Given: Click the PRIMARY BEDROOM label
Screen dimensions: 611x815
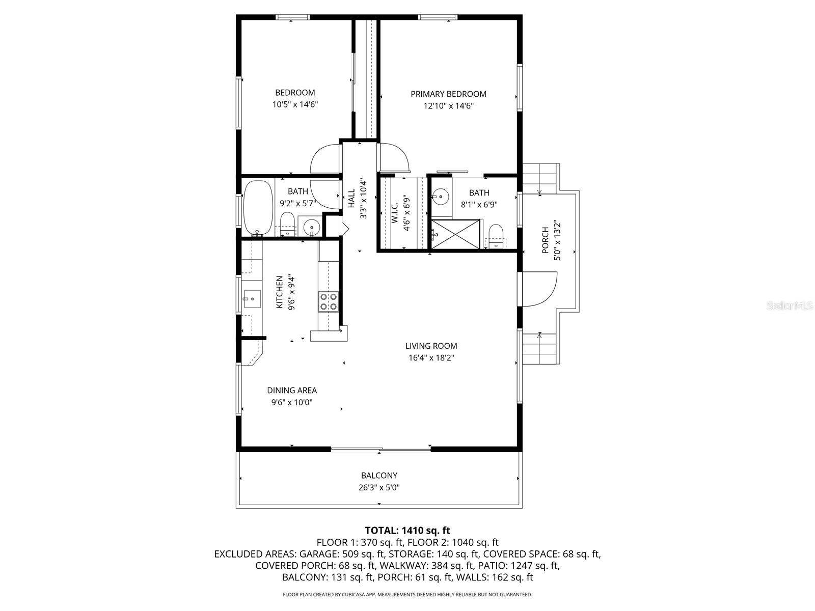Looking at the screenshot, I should pyautogui.click(x=448, y=94).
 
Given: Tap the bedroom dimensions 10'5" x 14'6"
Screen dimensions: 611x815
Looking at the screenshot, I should pyautogui.click(x=295, y=105).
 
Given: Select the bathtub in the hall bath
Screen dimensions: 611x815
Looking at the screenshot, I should pyautogui.click(x=258, y=208).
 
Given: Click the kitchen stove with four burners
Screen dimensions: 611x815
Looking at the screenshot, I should pyautogui.click(x=328, y=301).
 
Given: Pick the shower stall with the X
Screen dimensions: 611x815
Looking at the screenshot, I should pyautogui.click(x=456, y=234).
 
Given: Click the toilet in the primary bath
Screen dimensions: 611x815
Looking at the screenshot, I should pyautogui.click(x=496, y=235).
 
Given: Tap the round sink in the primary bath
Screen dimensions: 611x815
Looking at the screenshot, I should pyautogui.click(x=440, y=195).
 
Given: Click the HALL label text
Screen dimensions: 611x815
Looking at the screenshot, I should pyautogui.click(x=351, y=199).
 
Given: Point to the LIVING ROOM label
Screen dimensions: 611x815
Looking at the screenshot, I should pyautogui.click(x=431, y=346).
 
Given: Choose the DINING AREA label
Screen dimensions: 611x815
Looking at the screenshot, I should pyautogui.click(x=292, y=391).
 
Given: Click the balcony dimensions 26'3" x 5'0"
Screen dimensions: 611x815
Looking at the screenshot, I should pyautogui.click(x=379, y=487).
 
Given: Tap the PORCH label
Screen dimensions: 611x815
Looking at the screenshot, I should pyautogui.click(x=545, y=240).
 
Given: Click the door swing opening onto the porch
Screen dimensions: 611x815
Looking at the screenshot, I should pyautogui.click(x=539, y=289).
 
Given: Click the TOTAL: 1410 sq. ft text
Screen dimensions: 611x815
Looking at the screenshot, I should pyautogui.click(x=407, y=531).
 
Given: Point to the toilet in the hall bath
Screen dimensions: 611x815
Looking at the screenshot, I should pyautogui.click(x=288, y=224).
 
